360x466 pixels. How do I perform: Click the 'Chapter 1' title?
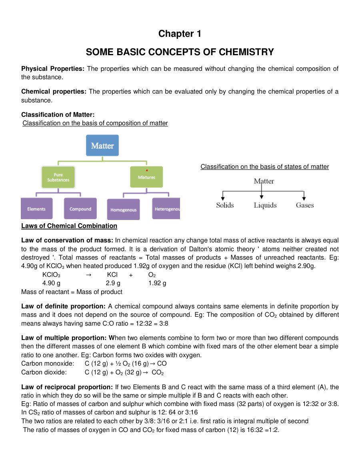180,34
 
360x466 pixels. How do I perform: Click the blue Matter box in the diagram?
102,146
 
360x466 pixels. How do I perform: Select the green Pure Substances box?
58,177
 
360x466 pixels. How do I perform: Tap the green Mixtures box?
146,177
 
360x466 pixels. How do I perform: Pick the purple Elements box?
36,208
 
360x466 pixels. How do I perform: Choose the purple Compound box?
80,208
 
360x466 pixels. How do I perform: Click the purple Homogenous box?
124,209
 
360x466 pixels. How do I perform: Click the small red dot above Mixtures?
147,170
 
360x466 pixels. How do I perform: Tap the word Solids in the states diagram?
225,205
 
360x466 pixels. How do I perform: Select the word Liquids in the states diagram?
265,205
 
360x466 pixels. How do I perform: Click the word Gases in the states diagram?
305,205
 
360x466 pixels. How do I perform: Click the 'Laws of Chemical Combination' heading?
69,226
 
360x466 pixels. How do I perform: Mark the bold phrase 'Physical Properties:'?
53,69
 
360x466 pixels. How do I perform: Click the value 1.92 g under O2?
157,283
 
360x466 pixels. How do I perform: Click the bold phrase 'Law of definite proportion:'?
64,306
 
